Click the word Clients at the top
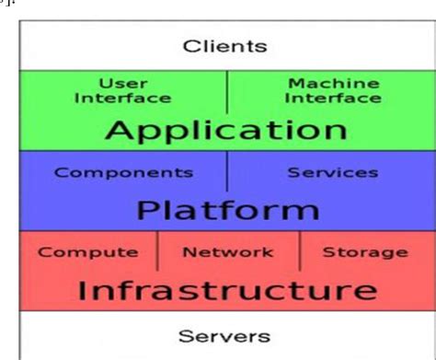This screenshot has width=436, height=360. pos(224,45)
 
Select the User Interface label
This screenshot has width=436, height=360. pos(122,90)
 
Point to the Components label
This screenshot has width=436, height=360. pos(124,172)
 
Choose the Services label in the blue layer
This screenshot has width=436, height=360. pos(332,172)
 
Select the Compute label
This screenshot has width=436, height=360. pos(88,251)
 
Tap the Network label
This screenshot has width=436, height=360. pos(228,251)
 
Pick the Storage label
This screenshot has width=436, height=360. pos(365,251)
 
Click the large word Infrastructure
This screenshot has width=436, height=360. pos(226,290)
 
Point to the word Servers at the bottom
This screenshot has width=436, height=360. pos(224,336)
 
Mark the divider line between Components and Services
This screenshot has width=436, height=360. pos(227,172)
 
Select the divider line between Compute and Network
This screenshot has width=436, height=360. pos(157,250)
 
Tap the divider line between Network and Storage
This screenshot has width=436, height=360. pos(299,250)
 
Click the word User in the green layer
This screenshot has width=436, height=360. pos(122,83)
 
